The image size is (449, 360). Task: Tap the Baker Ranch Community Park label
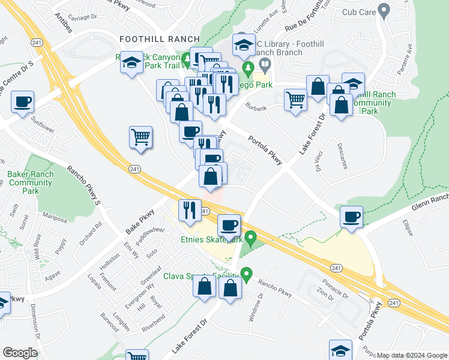point(31,182)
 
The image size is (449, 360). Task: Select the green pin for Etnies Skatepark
point(252,238)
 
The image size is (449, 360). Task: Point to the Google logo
point(20,353)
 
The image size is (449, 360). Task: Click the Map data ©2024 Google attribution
point(412,355)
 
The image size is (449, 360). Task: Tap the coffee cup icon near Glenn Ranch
point(351,216)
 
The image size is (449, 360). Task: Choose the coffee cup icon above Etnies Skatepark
point(229,225)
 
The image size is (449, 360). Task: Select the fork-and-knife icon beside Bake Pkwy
point(190,210)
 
